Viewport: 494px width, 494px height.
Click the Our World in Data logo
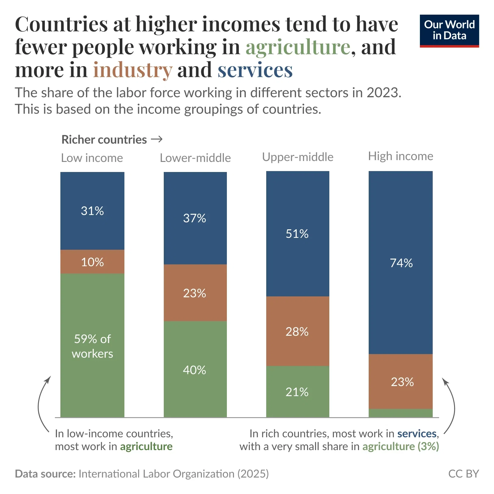click(449, 31)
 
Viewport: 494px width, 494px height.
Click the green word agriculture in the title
click(298, 47)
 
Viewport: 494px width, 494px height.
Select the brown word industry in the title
click(133, 70)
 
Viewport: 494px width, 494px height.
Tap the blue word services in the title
click(255, 70)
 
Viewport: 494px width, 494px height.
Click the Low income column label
click(92, 158)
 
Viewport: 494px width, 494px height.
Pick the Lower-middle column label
click(195, 158)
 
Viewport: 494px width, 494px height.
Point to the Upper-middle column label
click(298, 157)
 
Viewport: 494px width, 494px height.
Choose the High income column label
click(400, 156)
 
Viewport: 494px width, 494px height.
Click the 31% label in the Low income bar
click(92, 211)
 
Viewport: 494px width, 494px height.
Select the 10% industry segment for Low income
click(92, 262)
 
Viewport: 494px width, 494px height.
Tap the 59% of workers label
click(92, 346)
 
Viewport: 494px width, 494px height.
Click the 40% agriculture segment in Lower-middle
click(195, 370)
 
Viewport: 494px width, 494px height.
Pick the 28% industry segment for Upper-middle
click(297, 331)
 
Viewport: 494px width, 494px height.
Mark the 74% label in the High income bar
click(401, 263)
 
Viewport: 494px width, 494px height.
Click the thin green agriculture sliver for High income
click(400, 413)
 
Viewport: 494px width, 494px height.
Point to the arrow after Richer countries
click(157, 139)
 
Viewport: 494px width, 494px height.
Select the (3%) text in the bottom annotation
click(428, 446)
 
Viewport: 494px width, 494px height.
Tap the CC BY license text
click(463, 474)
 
